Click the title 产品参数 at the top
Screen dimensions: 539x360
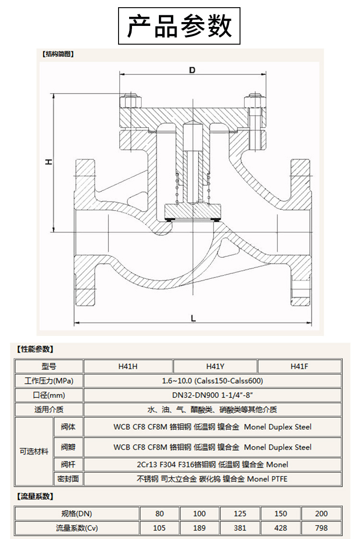click(x=179, y=26)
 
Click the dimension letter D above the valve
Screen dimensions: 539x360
click(x=192, y=70)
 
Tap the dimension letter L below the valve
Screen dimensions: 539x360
click(x=193, y=318)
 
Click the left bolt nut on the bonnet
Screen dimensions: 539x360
click(x=129, y=102)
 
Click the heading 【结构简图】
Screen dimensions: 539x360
click(x=58, y=54)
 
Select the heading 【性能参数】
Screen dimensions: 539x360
click(x=35, y=349)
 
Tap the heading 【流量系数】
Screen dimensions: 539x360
click(x=35, y=496)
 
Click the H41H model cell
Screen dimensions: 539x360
click(x=128, y=366)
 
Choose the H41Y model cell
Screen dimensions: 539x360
click(x=215, y=366)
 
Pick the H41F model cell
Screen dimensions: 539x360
click(x=299, y=366)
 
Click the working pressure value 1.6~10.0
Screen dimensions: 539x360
click(x=212, y=381)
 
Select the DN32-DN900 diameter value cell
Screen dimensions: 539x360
click(x=212, y=396)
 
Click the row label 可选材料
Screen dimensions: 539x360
click(x=34, y=451)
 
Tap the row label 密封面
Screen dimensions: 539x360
click(x=68, y=479)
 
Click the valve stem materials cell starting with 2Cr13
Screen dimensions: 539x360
click(x=212, y=464)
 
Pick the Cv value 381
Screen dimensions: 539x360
click(x=240, y=528)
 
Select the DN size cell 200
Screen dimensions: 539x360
click(x=322, y=513)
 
